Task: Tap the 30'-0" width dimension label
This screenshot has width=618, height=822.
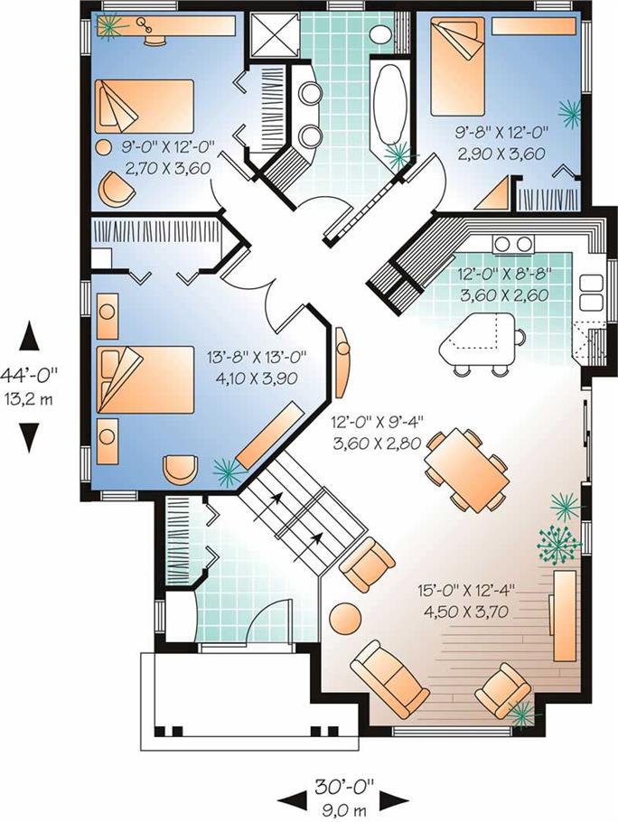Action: (x=344, y=786)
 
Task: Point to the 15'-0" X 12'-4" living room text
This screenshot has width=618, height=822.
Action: (x=466, y=591)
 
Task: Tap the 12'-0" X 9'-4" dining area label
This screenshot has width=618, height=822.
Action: (x=377, y=423)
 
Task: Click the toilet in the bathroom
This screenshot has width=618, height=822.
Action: (x=381, y=33)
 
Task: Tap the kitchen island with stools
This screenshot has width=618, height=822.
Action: (x=480, y=341)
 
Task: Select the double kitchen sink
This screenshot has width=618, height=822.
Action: (x=590, y=294)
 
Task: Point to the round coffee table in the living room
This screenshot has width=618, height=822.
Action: (x=345, y=619)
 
